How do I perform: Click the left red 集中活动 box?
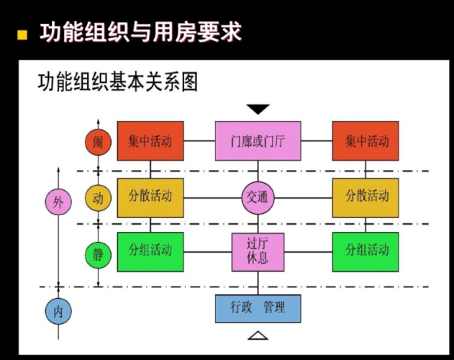tap(150, 140)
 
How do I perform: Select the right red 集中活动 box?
tap(366, 140)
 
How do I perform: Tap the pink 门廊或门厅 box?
tap(258, 140)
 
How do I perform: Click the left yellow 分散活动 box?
tap(150, 197)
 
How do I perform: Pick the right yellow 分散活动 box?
tap(366, 197)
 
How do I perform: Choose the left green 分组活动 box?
tap(150, 251)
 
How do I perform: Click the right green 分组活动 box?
tap(366, 251)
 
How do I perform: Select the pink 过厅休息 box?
tap(258, 251)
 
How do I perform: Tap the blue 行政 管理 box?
tap(258, 307)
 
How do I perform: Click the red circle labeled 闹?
tap(98, 142)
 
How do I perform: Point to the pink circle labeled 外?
tap(58, 201)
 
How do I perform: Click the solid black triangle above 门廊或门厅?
tap(258, 109)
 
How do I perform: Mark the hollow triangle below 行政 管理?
tap(258, 336)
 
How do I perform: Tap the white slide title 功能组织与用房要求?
tap(139, 32)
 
